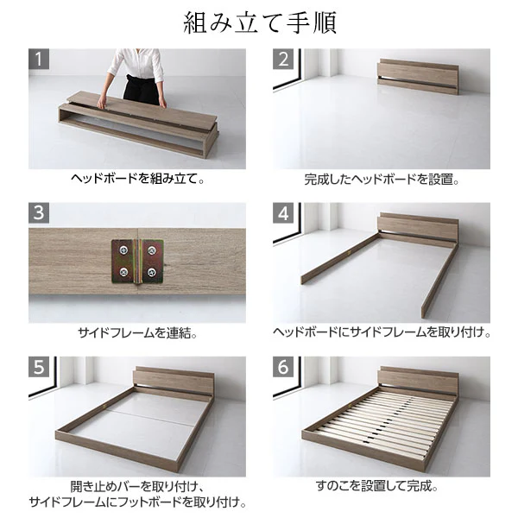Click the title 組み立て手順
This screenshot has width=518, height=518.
tap(260, 22)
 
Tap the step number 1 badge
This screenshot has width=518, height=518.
tap(39, 59)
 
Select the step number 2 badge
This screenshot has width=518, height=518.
tap(283, 59)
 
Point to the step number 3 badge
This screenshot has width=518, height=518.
tap(39, 213)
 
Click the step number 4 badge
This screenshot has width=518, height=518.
tap(283, 213)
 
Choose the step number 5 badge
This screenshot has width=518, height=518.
tap(39, 367)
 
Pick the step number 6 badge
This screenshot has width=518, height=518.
tap(283, 367)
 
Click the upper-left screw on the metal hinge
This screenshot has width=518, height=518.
tap(123, 250)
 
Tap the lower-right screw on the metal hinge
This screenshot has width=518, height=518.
tap(152, 272)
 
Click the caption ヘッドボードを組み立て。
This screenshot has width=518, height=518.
tap(137, 179)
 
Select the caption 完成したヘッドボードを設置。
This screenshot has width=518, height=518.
tap(382, 180)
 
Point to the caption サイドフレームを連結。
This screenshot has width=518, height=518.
tap(137, 332)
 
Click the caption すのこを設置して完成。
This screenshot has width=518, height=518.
tap(377, 486)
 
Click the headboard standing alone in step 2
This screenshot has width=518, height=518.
tap(418, 77)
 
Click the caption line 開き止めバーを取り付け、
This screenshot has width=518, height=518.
tap(137, 487)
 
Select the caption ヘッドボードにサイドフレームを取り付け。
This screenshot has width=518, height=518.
tap(382, 332)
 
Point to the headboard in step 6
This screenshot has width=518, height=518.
tap(419, 380)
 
